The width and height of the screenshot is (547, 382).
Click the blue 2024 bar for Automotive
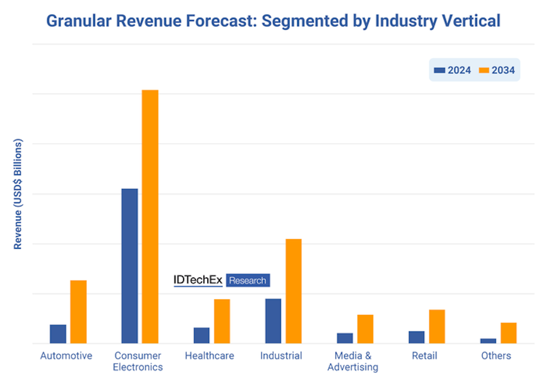[58, 334]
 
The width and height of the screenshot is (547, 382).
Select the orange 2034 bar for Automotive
[78, 312]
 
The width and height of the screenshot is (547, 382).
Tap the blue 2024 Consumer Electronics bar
[129, 266]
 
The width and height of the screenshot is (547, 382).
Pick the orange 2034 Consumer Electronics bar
[150, 217]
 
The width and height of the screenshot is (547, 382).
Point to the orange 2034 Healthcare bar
[222, 321]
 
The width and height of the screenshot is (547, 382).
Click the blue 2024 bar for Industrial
[273, 321]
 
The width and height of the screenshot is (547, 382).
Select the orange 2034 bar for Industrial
[294, 291]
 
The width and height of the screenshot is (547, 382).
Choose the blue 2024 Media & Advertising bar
[345, 338]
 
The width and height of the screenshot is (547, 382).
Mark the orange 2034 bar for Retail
[437, 326]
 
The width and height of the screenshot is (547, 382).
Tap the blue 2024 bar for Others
[488, 341]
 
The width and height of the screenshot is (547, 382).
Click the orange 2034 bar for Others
[509, 333]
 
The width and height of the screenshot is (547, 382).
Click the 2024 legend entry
[453, 70]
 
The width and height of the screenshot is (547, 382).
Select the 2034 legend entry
[497, 70]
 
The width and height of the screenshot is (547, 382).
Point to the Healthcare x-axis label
[210, 356]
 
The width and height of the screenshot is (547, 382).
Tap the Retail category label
[424, 356]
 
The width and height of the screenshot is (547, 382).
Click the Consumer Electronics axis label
[138, 361]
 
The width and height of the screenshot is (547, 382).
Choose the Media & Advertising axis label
[353, 361]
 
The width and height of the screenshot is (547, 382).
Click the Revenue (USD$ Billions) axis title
[18, 194]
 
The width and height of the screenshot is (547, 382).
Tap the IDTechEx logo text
[198, 280]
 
